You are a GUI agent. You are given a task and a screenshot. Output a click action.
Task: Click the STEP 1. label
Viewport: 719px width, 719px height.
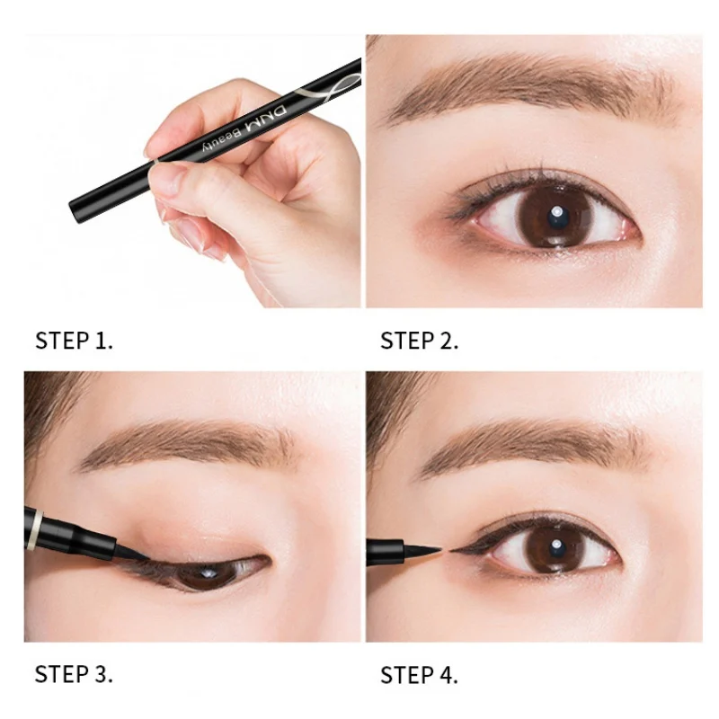pyautogui.click(x=75, y=341)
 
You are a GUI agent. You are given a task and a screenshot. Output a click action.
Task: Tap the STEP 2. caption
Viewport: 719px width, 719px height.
pyautogui.click(x=420, y=341)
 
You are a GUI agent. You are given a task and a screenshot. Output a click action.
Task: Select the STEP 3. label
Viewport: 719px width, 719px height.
pyautogui.click(x=75, y=674)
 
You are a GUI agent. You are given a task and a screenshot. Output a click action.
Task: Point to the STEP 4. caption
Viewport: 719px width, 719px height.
pyautogui.click(x=420, y=674)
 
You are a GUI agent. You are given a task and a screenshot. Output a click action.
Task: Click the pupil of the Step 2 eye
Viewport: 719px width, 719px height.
pyautogui.click(x=555, y=217)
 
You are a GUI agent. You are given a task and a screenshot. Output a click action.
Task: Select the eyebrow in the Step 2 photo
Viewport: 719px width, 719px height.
pyautogui.click(x=530, y=94)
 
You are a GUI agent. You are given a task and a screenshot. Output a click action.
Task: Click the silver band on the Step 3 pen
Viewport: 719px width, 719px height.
pyautogui.click(x=39, y=528)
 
